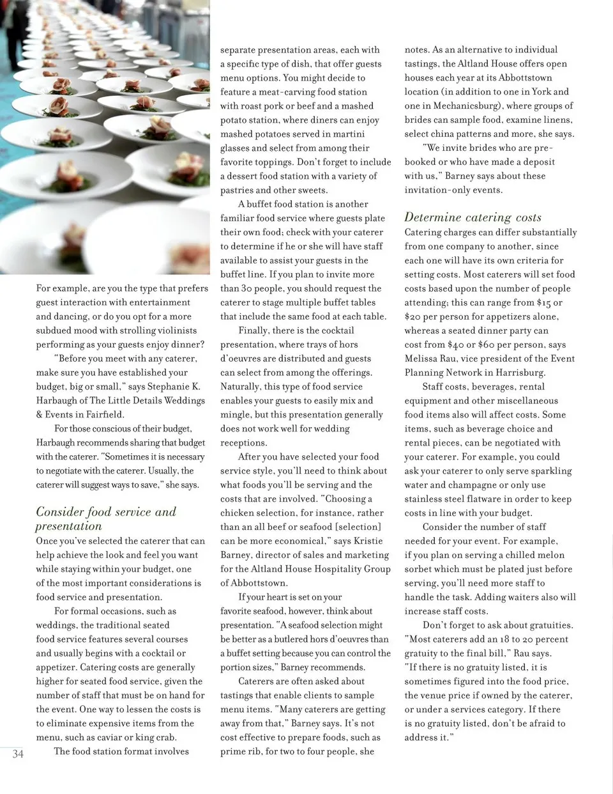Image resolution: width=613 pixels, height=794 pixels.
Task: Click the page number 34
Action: [x=18, y=754]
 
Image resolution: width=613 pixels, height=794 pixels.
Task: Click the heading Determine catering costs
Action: [x=473, y=217]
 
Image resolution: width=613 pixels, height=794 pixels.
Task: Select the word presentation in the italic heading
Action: [x=69, y=526]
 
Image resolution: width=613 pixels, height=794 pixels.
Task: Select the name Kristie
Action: [x=368, y=541]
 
